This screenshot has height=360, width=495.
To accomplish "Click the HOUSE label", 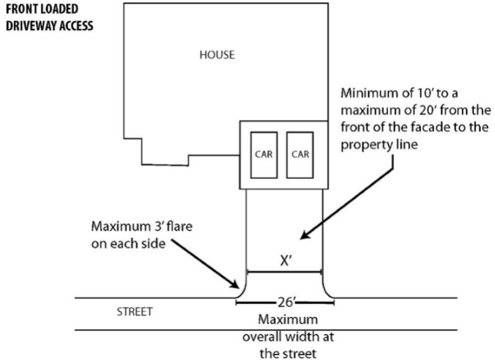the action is (216, 55).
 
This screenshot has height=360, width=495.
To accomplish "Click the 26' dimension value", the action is (285, 303).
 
